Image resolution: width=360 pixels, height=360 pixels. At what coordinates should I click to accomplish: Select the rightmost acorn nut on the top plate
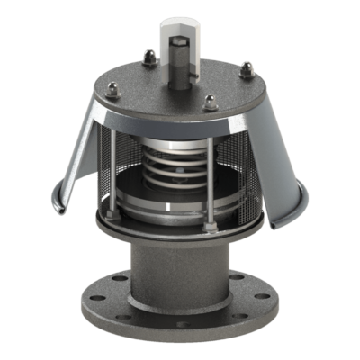coord(246,66)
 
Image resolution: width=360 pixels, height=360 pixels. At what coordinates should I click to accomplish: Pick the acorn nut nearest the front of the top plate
coord(210,102)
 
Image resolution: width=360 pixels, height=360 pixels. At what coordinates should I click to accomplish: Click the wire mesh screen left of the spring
coord(121,171)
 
